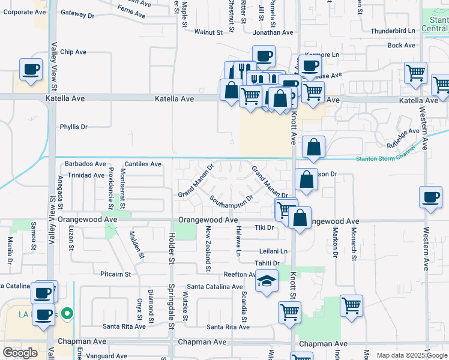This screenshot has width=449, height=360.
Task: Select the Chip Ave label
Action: coord(74,52)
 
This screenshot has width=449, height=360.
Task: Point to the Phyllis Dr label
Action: coord(74,127)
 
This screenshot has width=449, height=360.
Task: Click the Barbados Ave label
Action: coord(85,164)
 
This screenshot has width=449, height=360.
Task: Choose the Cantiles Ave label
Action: coord(143,164)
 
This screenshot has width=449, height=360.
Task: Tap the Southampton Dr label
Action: coord(231,202)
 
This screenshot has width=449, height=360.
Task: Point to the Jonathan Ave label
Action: coord(273,33)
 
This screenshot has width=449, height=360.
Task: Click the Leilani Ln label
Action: coord(274,251)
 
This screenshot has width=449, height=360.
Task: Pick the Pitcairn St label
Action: coord(116,274)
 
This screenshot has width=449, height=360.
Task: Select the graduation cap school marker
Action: coord(267,280)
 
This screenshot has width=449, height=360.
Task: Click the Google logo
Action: coord(20,353)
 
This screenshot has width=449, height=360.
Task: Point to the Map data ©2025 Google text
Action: coord(412,355)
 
